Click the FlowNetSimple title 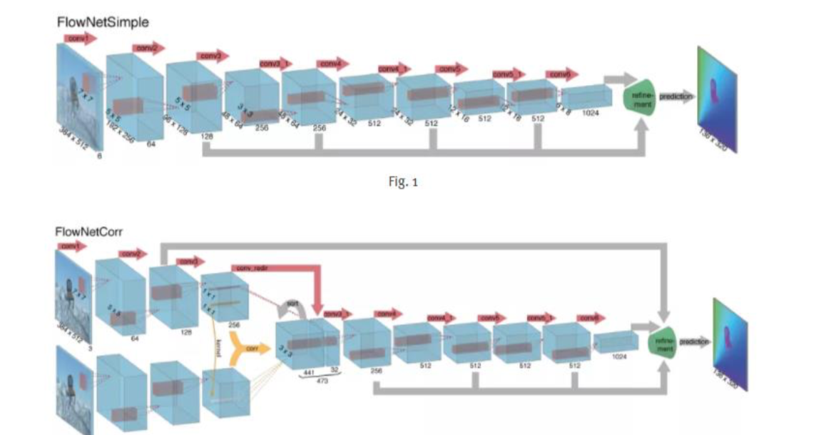pos(103,22)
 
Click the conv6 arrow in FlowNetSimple pos(562,74)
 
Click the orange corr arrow pos(250,348)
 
